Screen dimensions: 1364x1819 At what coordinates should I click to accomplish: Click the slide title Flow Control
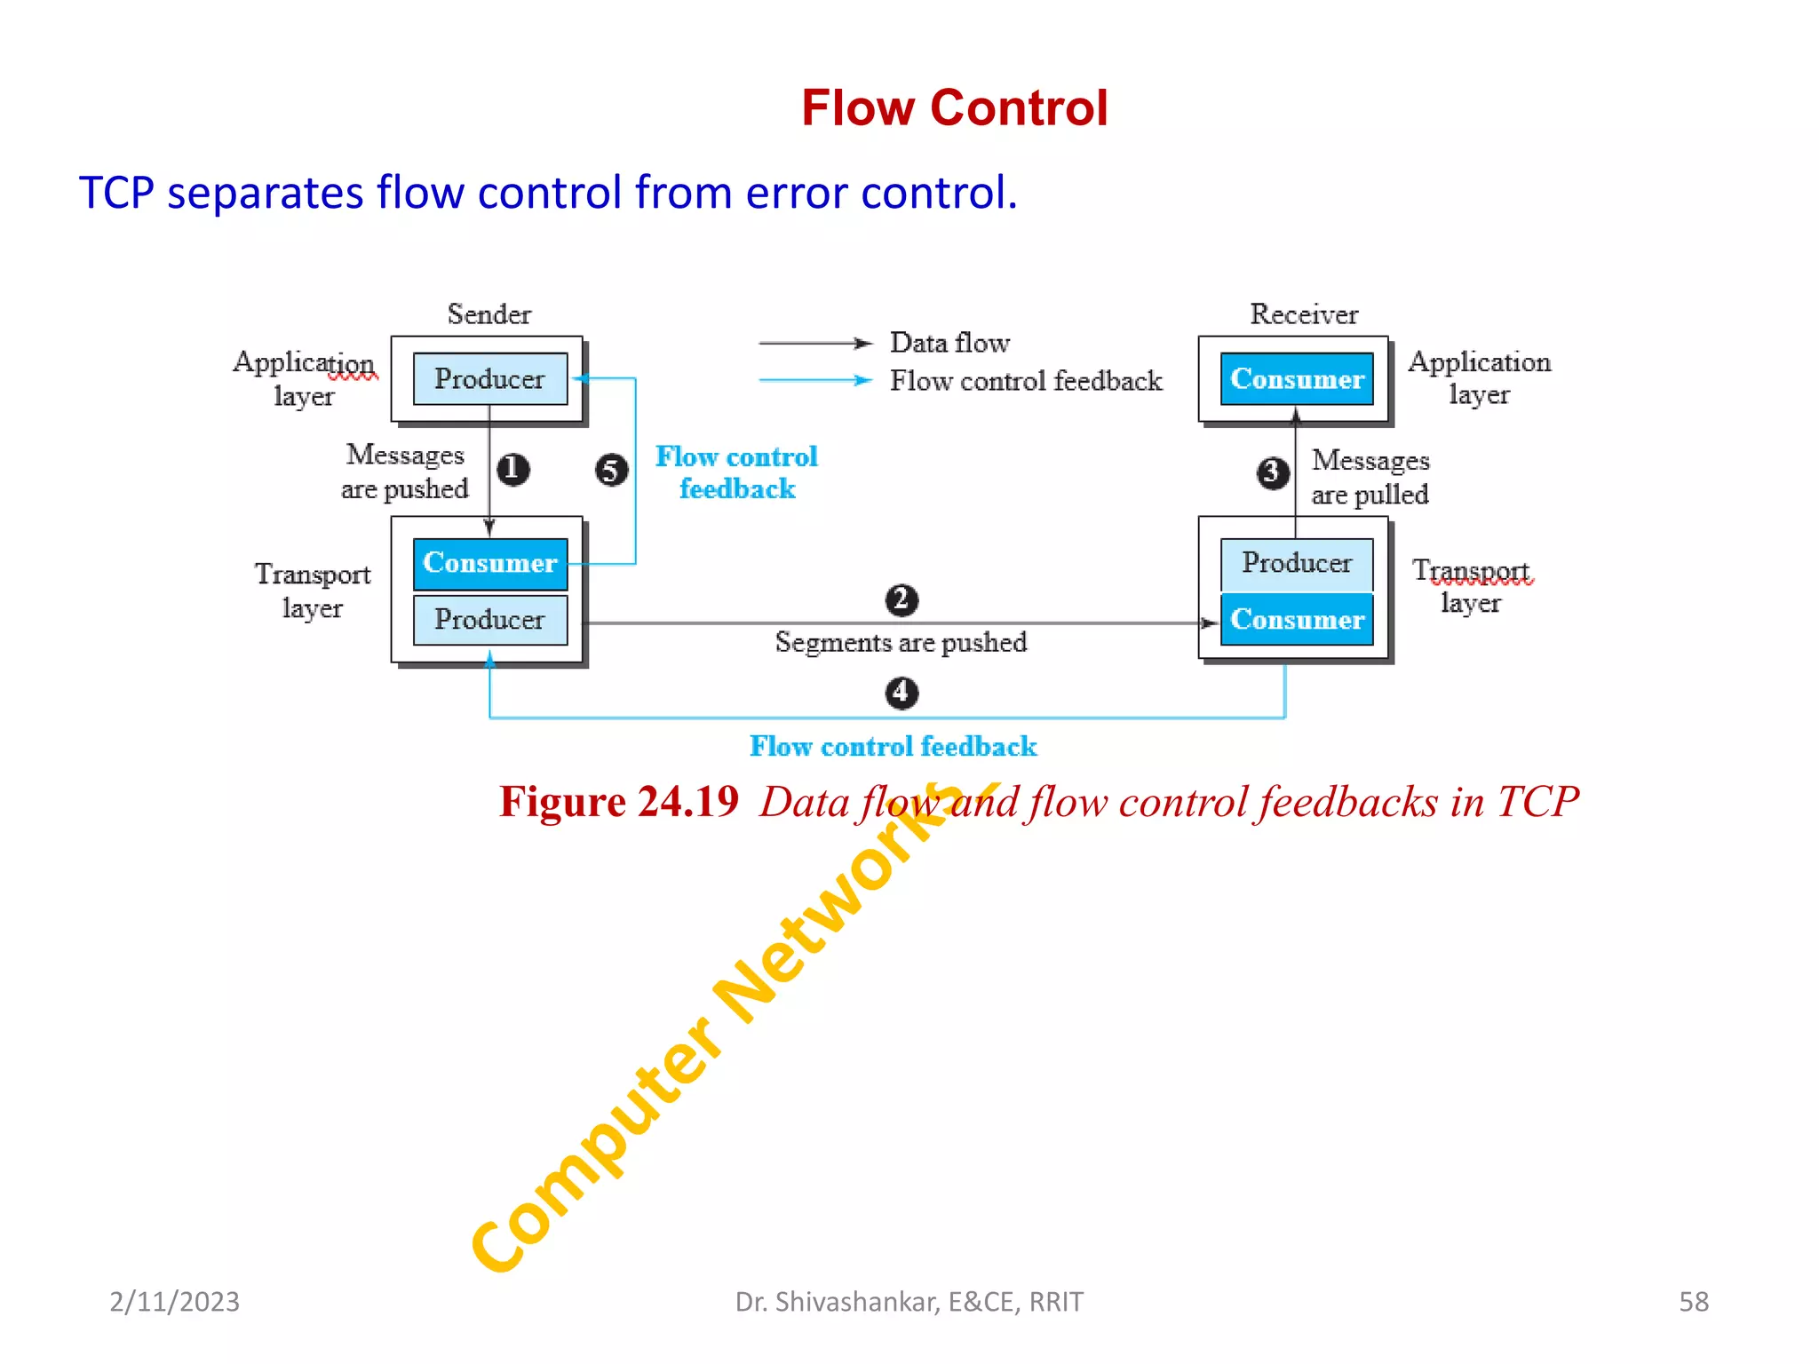tap(954, 108)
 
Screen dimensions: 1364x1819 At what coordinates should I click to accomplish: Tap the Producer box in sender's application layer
tap(489, 379)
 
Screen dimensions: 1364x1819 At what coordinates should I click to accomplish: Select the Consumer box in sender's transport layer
tap(489, 563)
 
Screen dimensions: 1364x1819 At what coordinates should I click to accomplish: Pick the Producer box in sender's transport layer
tap(489, 619)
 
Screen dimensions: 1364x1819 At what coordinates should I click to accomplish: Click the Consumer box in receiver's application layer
tap(1297, 379)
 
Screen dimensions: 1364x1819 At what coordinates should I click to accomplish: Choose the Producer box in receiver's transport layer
tap(1297, 563)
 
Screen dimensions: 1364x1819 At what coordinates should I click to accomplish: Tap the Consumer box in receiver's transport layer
tap(1297, 619)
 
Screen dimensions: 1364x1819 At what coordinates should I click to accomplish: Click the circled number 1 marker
tap(512, 469)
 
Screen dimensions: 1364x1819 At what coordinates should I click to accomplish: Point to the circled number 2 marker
tap(902, 599)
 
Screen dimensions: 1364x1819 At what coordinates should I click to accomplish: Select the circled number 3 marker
tap(1273, 472)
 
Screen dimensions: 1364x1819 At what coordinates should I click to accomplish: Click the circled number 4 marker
tap(902, 692)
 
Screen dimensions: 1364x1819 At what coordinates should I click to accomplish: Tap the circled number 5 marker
tap(611, 470)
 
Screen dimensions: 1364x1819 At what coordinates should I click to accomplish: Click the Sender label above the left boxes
tap(489, 314)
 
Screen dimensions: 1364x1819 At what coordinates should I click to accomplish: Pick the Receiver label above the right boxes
tap(1304, 314)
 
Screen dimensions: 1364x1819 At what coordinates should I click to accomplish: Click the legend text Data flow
tap(949, 343)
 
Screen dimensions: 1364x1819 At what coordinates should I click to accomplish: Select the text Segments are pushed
tap(901, 642)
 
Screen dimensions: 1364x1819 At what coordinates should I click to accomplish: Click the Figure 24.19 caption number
tap(619, 802)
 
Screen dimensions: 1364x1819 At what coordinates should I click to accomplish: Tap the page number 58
tap(1693, 1302)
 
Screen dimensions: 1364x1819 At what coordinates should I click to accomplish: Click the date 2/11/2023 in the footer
tap(174, 1302)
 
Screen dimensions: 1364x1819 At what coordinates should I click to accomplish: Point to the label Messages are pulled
tap(1370, 477)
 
